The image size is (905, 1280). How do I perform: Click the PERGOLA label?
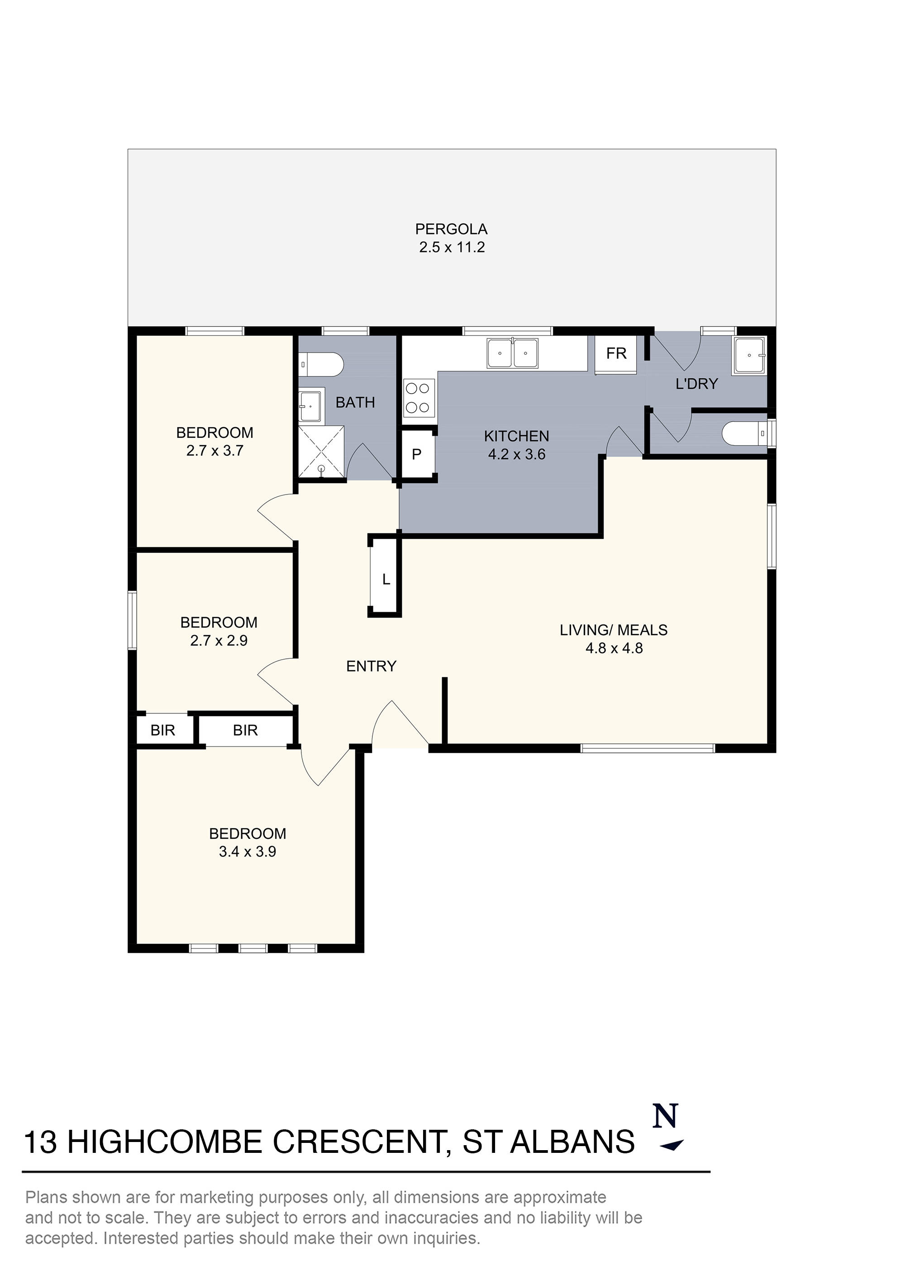pyautogui.click(x=451, y=229)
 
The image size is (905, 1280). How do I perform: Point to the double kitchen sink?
pyautogui.click(x=512, y=353)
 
